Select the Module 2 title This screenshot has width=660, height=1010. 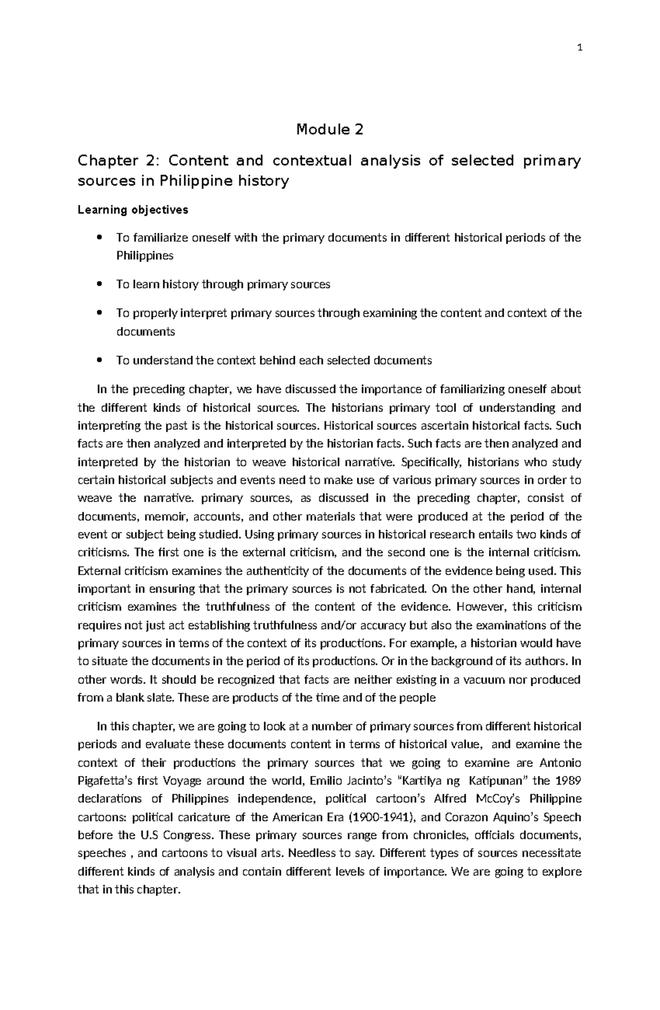point(330,130)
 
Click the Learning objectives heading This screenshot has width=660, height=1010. point(133,210)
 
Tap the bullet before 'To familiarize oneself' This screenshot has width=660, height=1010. point(99,238)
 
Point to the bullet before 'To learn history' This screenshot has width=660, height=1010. point(99,285)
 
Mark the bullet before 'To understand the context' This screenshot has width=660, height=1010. point(99,361)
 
